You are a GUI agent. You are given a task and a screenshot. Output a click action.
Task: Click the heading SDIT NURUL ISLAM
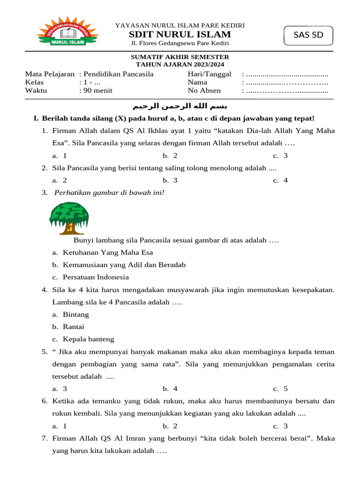(180, 34)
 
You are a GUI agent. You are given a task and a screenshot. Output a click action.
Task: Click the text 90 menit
(96, 90)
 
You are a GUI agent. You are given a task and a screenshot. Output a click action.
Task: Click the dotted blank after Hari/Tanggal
(287, 75)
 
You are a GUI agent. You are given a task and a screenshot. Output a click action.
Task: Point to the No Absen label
(204, 90)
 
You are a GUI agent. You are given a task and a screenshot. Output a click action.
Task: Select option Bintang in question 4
(76, 314)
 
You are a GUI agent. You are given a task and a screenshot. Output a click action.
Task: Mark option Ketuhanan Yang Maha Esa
(108, 252)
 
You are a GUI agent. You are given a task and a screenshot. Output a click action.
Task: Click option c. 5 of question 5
(280, 389)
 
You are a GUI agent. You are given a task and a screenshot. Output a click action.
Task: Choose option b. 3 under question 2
(170, 180)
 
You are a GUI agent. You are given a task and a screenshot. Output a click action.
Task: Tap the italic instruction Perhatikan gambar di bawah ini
(110, 192)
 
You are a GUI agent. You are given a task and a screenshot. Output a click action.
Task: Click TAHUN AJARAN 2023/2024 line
(180, 65)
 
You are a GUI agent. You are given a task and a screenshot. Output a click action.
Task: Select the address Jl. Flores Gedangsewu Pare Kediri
(180, 44)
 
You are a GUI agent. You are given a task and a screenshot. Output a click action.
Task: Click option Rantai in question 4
(74, 327)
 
